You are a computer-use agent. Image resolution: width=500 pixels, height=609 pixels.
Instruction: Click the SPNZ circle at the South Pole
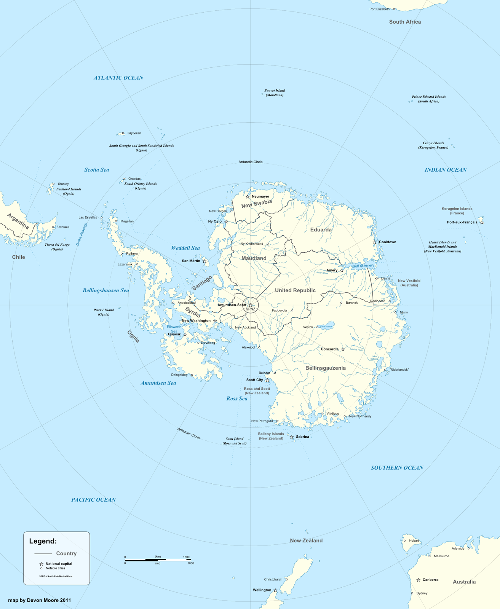pyautogui.click(x=251, y=305)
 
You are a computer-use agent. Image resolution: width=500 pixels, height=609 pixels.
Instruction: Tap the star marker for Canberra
pyautogui.click(x=418, y=580)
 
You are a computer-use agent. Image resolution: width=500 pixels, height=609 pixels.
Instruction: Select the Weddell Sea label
pyautogui.click(x=185, y=248)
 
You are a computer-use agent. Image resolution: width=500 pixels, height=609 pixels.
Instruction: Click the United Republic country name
pyautogui.click(x=295, y=290)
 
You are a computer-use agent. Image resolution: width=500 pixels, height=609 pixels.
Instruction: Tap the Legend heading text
pyautogui.click(x=43, y=541)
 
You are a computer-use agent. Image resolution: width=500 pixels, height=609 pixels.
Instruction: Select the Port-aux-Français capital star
pyautogui.click(x=482, y=222)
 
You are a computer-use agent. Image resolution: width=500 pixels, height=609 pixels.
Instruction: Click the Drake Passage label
pyautogui.click(x=81, y=234)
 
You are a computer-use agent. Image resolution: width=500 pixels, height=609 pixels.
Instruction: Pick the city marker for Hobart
pyautogui.click(x=404, y=540)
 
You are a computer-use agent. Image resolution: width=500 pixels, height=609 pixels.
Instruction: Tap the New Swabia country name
pyautogui.click(x=257, y=204)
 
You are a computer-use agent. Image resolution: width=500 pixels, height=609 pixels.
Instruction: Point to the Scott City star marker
pyautogui.click(x=267, y=380)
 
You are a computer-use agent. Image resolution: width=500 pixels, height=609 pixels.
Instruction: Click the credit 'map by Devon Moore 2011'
pyautogui.click(x=40, y=600)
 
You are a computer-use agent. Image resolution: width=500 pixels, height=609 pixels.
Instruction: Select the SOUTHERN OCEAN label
pyautogui.click(x=397, y=468)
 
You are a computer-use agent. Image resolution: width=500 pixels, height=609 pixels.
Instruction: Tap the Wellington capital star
pyautogui.click(x=275, y=590)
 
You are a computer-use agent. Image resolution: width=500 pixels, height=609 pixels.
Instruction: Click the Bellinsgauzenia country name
pyautogui.click(x=326, y=368)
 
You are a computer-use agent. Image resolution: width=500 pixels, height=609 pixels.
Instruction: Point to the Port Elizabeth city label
pyautogui.click(x=379, y=9)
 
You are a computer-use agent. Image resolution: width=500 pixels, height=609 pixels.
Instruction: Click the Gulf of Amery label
pyautogui.click(x=363, y=266)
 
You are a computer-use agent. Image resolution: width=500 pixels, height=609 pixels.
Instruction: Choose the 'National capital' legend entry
pyautogui.click(x=59, y=564)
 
